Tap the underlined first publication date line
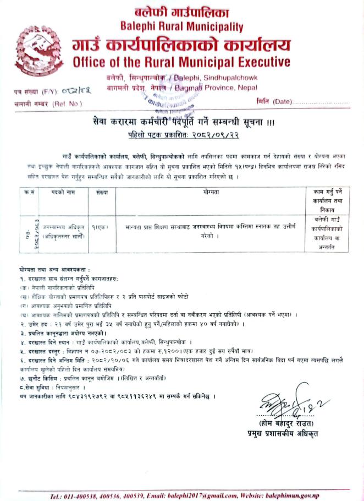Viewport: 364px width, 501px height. coord(181,134)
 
